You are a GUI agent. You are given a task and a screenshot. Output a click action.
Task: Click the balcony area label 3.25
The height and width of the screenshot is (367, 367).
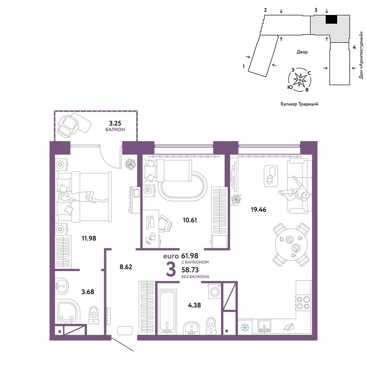115,123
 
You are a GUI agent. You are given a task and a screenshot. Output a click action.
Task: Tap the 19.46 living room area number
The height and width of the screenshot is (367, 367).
258,210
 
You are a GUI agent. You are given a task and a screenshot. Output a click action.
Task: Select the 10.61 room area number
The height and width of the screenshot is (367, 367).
190,220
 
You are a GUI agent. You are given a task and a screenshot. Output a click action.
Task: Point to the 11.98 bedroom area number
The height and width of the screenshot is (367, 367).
89,238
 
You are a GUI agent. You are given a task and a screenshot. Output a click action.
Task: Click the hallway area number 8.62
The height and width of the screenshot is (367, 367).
126,267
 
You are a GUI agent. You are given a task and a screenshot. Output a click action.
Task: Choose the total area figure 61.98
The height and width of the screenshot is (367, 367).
190,256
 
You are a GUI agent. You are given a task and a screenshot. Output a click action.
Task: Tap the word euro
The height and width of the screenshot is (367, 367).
171,256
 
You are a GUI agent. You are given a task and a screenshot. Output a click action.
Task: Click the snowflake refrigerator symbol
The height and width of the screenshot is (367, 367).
245,327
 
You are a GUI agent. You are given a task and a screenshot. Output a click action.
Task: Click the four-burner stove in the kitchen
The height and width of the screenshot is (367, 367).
304,303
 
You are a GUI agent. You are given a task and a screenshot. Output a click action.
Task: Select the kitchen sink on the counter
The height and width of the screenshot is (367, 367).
265,326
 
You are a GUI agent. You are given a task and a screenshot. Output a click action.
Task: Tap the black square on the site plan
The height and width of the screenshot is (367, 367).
332,19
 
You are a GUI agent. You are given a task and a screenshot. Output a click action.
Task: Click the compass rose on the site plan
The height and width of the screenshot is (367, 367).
299,80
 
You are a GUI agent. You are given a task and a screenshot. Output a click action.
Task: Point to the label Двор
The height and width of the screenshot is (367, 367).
302,52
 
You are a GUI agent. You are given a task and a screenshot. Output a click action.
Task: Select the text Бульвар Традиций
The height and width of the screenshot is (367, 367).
299,104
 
